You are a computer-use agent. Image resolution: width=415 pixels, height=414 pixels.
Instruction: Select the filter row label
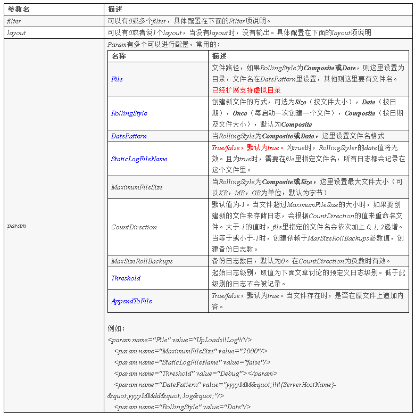click(14, 21)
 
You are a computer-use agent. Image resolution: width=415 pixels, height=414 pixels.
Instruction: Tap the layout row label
click(16, 33)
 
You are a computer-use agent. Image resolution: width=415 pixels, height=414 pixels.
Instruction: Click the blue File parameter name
click(117, 79)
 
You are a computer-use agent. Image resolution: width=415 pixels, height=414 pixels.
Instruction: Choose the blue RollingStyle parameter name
click(129, 113)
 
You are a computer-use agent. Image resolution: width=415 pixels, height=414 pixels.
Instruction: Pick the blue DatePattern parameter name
click(129, 136)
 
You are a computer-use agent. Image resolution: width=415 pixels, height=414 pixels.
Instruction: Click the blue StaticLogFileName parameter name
click(139, 159)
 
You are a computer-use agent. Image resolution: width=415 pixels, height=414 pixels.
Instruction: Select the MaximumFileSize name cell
click(137, 187)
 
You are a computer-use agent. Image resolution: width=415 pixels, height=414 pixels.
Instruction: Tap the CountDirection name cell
click(134, 227)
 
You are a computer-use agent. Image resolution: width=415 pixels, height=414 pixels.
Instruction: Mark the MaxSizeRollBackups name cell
click(142, 261)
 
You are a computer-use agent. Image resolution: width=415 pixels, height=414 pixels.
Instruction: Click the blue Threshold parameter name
click(126, 278)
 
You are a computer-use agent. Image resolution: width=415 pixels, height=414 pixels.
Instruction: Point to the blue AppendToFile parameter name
click(131, 301)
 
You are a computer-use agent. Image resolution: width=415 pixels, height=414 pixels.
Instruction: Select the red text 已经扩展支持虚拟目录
click(246, 90)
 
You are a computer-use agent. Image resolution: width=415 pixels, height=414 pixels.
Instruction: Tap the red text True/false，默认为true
click(245, 148)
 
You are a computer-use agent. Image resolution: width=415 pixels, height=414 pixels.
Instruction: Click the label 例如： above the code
click(116, 329)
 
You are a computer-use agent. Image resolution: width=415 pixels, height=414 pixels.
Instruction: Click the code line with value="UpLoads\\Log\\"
click(180, 340)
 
